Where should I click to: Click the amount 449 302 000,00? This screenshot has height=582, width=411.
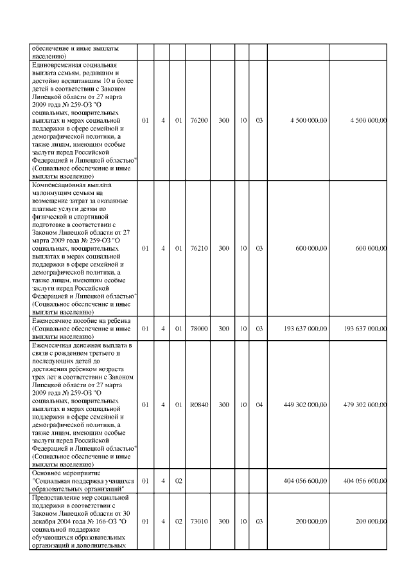tap(305, 405)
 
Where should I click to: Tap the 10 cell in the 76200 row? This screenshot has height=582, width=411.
tap(243, 120)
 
